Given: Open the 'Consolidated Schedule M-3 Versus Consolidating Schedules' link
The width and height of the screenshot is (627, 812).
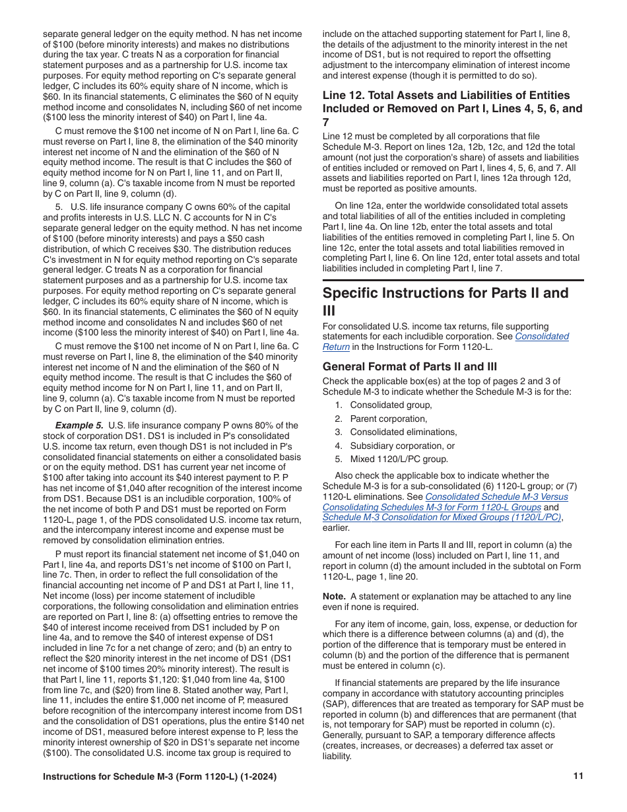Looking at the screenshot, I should (496, 496).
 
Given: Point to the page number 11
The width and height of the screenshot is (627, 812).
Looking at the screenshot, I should (578, 777).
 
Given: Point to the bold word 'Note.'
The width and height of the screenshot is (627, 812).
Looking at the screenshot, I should (334, 596).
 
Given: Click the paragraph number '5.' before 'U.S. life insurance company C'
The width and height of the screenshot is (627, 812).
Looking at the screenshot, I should (59, 207).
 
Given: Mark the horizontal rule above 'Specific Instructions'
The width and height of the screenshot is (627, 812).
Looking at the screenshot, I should (453, 281).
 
